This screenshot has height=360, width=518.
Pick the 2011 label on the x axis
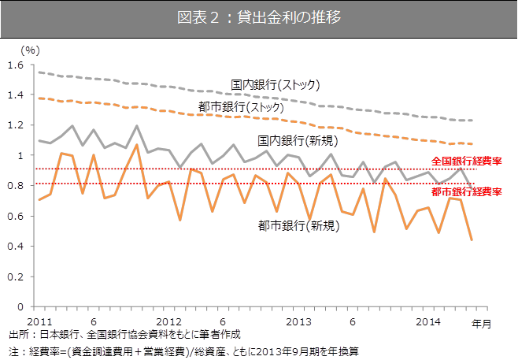coord(39,321)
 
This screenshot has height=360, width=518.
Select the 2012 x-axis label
coord(169,321)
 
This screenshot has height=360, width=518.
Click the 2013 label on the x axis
coord(298,321)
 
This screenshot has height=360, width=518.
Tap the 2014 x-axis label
coord(427,321)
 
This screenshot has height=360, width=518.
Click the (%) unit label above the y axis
coord(31,49)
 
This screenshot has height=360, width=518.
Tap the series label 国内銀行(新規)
coord(299,141)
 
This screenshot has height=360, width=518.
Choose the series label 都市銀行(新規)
coord(299,226)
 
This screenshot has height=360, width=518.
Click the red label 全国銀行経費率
coord(467,161)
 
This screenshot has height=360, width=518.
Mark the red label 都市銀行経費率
coord(467,191)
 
